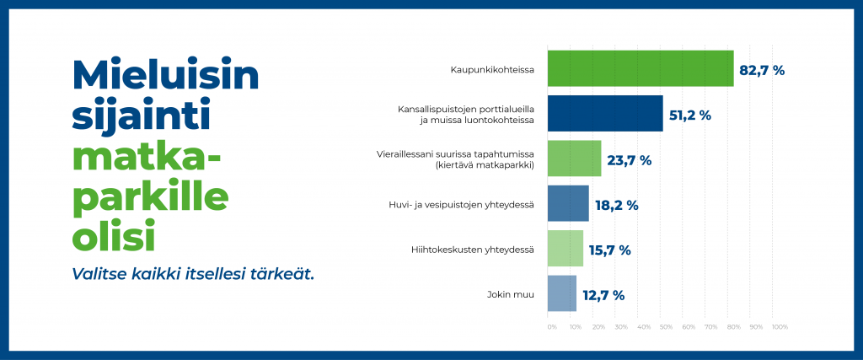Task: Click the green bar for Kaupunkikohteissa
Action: coord(641,68)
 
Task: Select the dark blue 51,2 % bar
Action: coord(605,113)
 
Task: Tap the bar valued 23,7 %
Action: coord(574,159)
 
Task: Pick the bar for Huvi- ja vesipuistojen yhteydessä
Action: coord(568,204)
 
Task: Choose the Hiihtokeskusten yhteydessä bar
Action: coord(566,249)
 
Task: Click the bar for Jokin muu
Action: coord(562,293)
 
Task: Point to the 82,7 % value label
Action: coord(762,71)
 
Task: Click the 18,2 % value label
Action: coord(616,206)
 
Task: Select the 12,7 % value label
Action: coord(603,296)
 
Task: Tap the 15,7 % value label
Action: coord(610,250)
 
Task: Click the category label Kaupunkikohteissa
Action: coord(492,70)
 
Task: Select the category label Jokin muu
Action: coord(511,295)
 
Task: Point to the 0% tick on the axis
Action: coord(552,327)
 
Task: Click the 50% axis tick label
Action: coord(666,327)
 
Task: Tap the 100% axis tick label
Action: coord(780,327)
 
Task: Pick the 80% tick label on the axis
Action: coord(733,327)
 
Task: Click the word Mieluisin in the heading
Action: coord(165,74)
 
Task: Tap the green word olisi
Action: coord(114,235)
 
